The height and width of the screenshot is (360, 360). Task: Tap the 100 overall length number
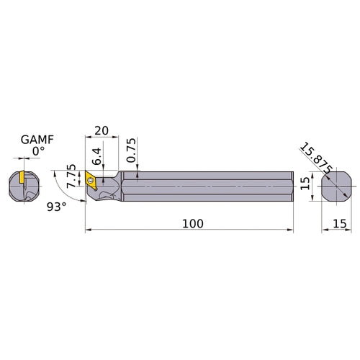[x=192, y=223]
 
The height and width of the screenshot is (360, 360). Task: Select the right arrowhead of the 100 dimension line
[x=291, y=230]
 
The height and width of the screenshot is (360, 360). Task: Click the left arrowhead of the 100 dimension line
[x=88, y=230]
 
